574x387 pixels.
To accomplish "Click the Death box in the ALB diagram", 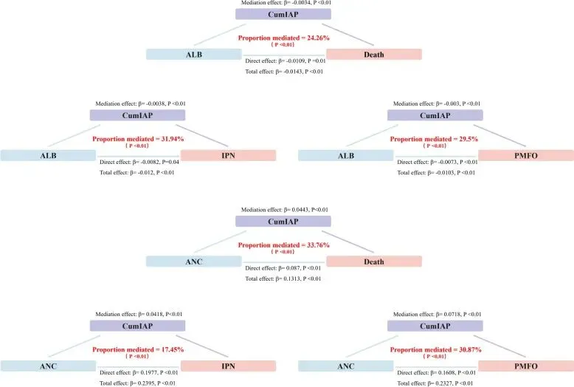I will (x=373, y=54).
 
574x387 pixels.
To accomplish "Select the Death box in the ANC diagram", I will (x=373, y=261).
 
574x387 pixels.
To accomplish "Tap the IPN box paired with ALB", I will (x=228, y=155).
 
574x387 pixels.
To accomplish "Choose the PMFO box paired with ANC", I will (x=525, y=365).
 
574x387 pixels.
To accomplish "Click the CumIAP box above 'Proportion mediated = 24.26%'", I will (x=283, y=14).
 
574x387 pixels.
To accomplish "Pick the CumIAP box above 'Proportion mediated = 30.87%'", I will (x=435, y=326).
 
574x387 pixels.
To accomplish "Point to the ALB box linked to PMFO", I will (x=345, y=155).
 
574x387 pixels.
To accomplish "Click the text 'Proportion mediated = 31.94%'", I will (x=137, y=139).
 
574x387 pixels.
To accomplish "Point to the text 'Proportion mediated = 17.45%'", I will (x=137, y=349).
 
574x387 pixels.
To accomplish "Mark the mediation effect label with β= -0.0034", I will (x=283, y=4).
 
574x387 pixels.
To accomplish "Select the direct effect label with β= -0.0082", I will (x=139, y=162).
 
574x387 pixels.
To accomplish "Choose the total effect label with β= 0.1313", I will (x=284, y=278).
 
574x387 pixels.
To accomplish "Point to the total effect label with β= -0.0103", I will (x=435, y=172).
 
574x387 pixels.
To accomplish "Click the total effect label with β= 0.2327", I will (x=435, y=383).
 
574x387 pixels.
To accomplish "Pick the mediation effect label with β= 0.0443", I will (x=283, y=210).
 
